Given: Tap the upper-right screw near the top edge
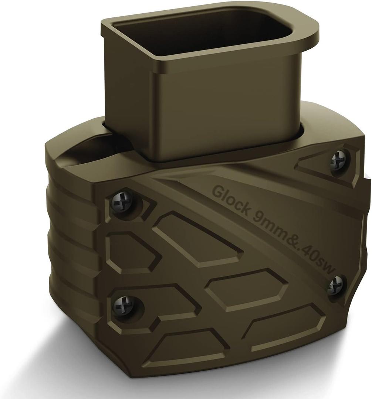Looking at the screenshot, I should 338,159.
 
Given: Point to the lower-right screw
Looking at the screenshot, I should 335,285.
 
